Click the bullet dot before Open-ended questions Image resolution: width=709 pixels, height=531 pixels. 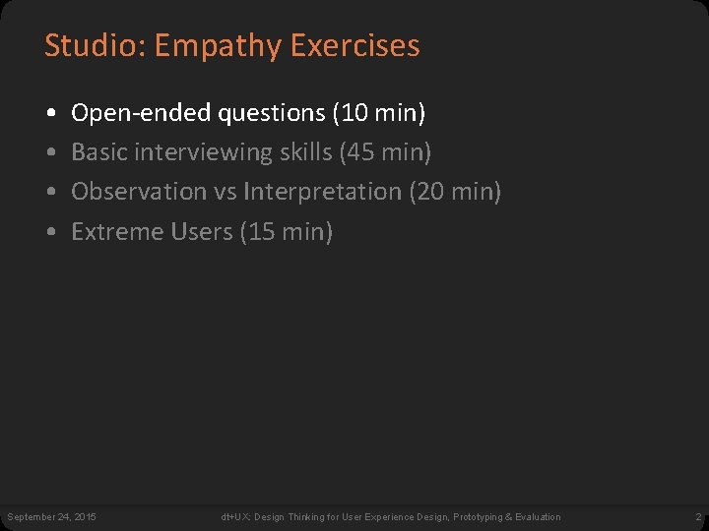[x=49, y=114]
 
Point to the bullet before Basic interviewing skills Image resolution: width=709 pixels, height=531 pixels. [x=49, y=153]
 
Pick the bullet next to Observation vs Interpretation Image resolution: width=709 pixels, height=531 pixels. [x=49, y=193]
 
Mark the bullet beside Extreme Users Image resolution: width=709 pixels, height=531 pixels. [x=49, y=233]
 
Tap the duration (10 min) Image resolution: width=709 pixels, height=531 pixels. [x=379, y=114]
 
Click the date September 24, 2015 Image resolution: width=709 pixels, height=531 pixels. [x=52, y=517]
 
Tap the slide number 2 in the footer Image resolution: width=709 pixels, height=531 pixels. [x=697, y=517]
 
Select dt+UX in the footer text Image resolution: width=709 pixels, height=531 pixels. [x=234, y=517]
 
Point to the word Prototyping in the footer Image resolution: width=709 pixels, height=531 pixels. [x=483, y=517]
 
